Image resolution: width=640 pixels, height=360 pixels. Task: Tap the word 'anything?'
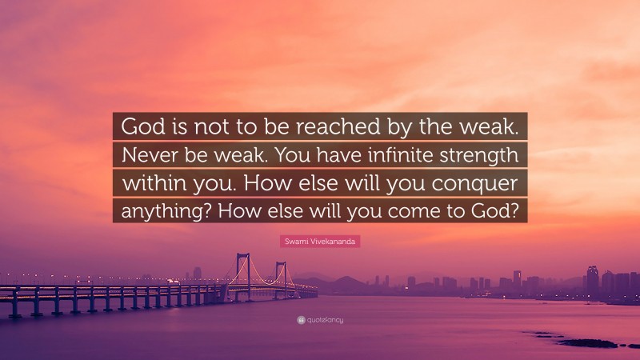point(163,209)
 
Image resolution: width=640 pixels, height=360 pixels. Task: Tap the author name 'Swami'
point(296,240)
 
